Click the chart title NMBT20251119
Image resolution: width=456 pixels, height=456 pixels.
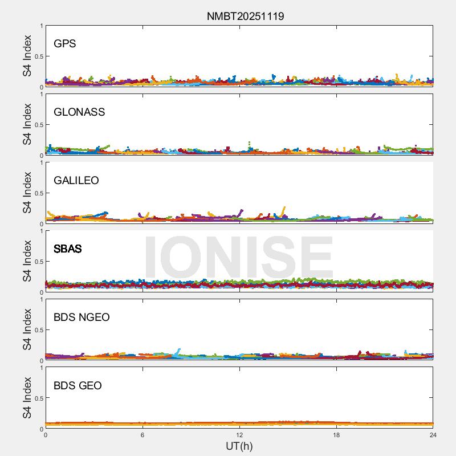pyautogui.click(x=245, y=16)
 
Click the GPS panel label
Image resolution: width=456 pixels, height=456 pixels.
pyautogui.click(x=64, y=44)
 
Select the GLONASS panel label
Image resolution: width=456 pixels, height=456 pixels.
pyautogui.click(x=79, y=112)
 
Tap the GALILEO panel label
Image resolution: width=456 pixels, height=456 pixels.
pyautogui.click(x=76, y=181)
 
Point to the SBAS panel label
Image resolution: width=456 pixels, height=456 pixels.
pyautogui.click(x=68, y=249)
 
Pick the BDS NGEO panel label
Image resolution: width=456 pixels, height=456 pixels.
pyautogui.click(x=82, y=317)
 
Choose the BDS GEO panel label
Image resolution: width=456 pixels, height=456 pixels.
pyautogui.click(x=78, y=386)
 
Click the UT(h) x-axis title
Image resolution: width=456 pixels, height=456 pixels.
pyautogui.click(x=239, y=446)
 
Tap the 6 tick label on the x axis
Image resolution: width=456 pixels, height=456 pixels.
pyautogui.click(x=142, y=435)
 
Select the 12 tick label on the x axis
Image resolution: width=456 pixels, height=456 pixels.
pyautogui.click(x=239, y=435)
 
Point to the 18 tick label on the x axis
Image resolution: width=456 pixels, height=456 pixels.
pyautogui.click(x=336, y=435)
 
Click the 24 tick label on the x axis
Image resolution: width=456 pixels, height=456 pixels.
pyautogui.click(x=433, y=435)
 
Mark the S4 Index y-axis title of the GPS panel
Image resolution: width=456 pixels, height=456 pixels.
pyautogui.click(x=27, y=56)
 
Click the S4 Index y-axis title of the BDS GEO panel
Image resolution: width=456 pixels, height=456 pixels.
pyautogui.click(x=27, y=398)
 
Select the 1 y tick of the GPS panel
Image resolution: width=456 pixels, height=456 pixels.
pyautogui.click(x=41, y=26)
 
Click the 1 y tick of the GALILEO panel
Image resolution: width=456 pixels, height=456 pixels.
pyautogui.click(x=41, y=163)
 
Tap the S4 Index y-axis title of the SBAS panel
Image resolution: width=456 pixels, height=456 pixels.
pyautogui.click(x=27, y=261)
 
